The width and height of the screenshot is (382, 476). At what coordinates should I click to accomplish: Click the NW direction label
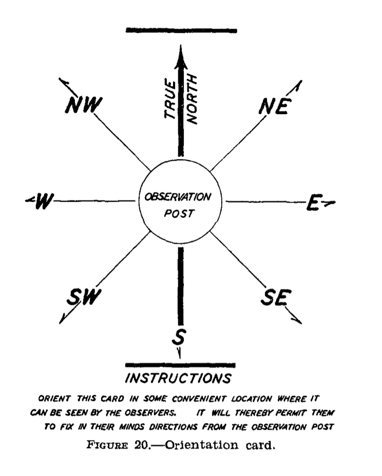click(84, 105)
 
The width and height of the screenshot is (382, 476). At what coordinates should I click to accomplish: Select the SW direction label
click(84, 297)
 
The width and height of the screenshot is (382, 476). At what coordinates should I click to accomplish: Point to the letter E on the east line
click(314, 203)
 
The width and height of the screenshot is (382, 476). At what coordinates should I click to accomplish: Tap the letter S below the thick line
click(179, 337)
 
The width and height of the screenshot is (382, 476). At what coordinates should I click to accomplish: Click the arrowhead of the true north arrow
click(181, 57)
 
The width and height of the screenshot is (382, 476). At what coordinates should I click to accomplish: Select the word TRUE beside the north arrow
click(170, 99)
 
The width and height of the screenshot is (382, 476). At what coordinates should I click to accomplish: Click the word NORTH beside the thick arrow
click(192, 99)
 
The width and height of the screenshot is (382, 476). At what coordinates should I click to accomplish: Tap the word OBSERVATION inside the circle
click(178, 197)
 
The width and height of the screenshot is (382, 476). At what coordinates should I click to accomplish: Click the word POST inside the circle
click(179, 213)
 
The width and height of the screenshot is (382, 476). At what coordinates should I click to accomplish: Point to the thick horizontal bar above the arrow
click(181, 30)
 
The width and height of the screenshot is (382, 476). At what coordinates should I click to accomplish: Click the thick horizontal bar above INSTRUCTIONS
click(180, 365)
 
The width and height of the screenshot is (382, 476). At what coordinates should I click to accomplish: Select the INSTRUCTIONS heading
click(178, 378)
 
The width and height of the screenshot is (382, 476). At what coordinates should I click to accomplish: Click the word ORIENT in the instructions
click(54, 398)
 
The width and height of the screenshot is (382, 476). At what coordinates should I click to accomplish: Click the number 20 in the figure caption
click(141, 445)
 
